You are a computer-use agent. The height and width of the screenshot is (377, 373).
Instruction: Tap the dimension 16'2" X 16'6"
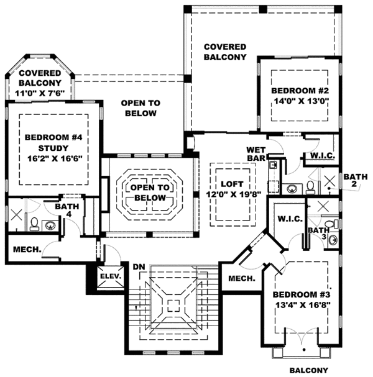53,158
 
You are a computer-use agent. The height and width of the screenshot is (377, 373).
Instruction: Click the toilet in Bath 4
35,225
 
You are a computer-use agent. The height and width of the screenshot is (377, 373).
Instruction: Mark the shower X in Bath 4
16,215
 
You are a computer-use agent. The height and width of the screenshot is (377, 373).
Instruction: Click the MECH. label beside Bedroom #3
241,279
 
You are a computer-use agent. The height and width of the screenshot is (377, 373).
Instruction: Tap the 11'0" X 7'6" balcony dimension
40,94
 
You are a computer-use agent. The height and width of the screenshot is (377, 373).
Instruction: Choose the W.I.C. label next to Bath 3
289,218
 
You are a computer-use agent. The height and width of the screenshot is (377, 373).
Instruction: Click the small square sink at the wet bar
273,166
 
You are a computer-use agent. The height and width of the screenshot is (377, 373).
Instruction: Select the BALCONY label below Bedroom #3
307,371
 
